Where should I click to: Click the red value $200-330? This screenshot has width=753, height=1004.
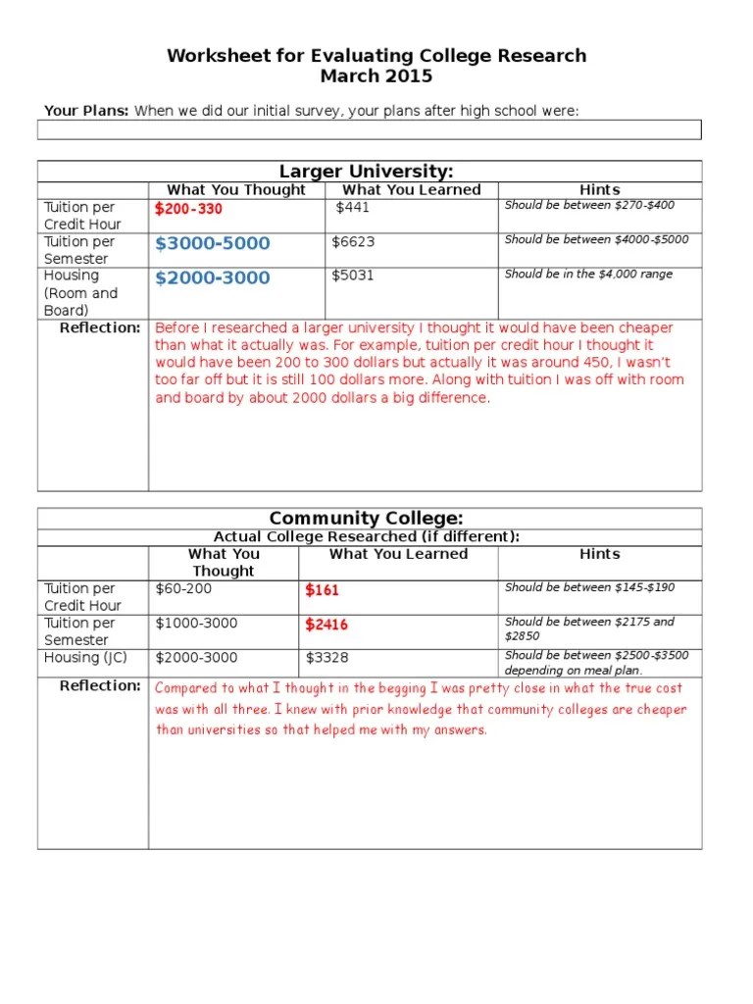pos(188,209)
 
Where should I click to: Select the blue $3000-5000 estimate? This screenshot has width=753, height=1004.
pos(212,243)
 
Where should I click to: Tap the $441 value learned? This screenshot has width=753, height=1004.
pos(353,208)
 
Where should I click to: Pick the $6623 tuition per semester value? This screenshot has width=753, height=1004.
pos(353,242)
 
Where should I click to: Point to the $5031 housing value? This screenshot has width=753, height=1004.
pos(353,276)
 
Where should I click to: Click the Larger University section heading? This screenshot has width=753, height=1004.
pos(367,172)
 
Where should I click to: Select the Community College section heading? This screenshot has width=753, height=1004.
pos(367,519)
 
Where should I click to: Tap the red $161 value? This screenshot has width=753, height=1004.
pos(322,590)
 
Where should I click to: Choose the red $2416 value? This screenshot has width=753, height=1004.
pos(326,625)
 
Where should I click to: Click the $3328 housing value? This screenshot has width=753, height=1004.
pos(326,658)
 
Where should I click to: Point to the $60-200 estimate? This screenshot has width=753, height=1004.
pos(183,589)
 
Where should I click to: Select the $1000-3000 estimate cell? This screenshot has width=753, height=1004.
pos(196,624)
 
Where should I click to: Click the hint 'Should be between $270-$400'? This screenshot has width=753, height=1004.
pos(589,206)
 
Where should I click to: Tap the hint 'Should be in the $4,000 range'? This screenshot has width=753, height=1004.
pos(588,275)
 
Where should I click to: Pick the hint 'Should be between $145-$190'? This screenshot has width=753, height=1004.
pos(589,587)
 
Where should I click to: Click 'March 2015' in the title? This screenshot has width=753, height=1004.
pos(376,76)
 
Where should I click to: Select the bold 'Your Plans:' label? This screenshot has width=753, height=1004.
pos(87,111)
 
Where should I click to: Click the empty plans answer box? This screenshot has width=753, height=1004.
pos(370,130)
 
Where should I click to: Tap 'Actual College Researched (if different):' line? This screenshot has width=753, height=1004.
pos(367,537)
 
